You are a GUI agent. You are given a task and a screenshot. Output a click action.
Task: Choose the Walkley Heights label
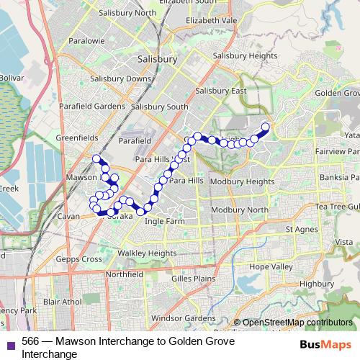(x=147, y=253)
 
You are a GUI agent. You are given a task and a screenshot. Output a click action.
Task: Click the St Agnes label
(x=302, y=230)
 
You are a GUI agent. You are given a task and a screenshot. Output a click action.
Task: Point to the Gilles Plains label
(x=190, y=277)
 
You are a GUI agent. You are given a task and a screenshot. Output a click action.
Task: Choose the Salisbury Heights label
(x=245, y=55)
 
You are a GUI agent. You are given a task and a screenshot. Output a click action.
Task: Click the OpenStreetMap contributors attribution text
(x=297, y=323)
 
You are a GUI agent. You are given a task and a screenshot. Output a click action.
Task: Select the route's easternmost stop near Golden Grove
(x=265, y=127)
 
